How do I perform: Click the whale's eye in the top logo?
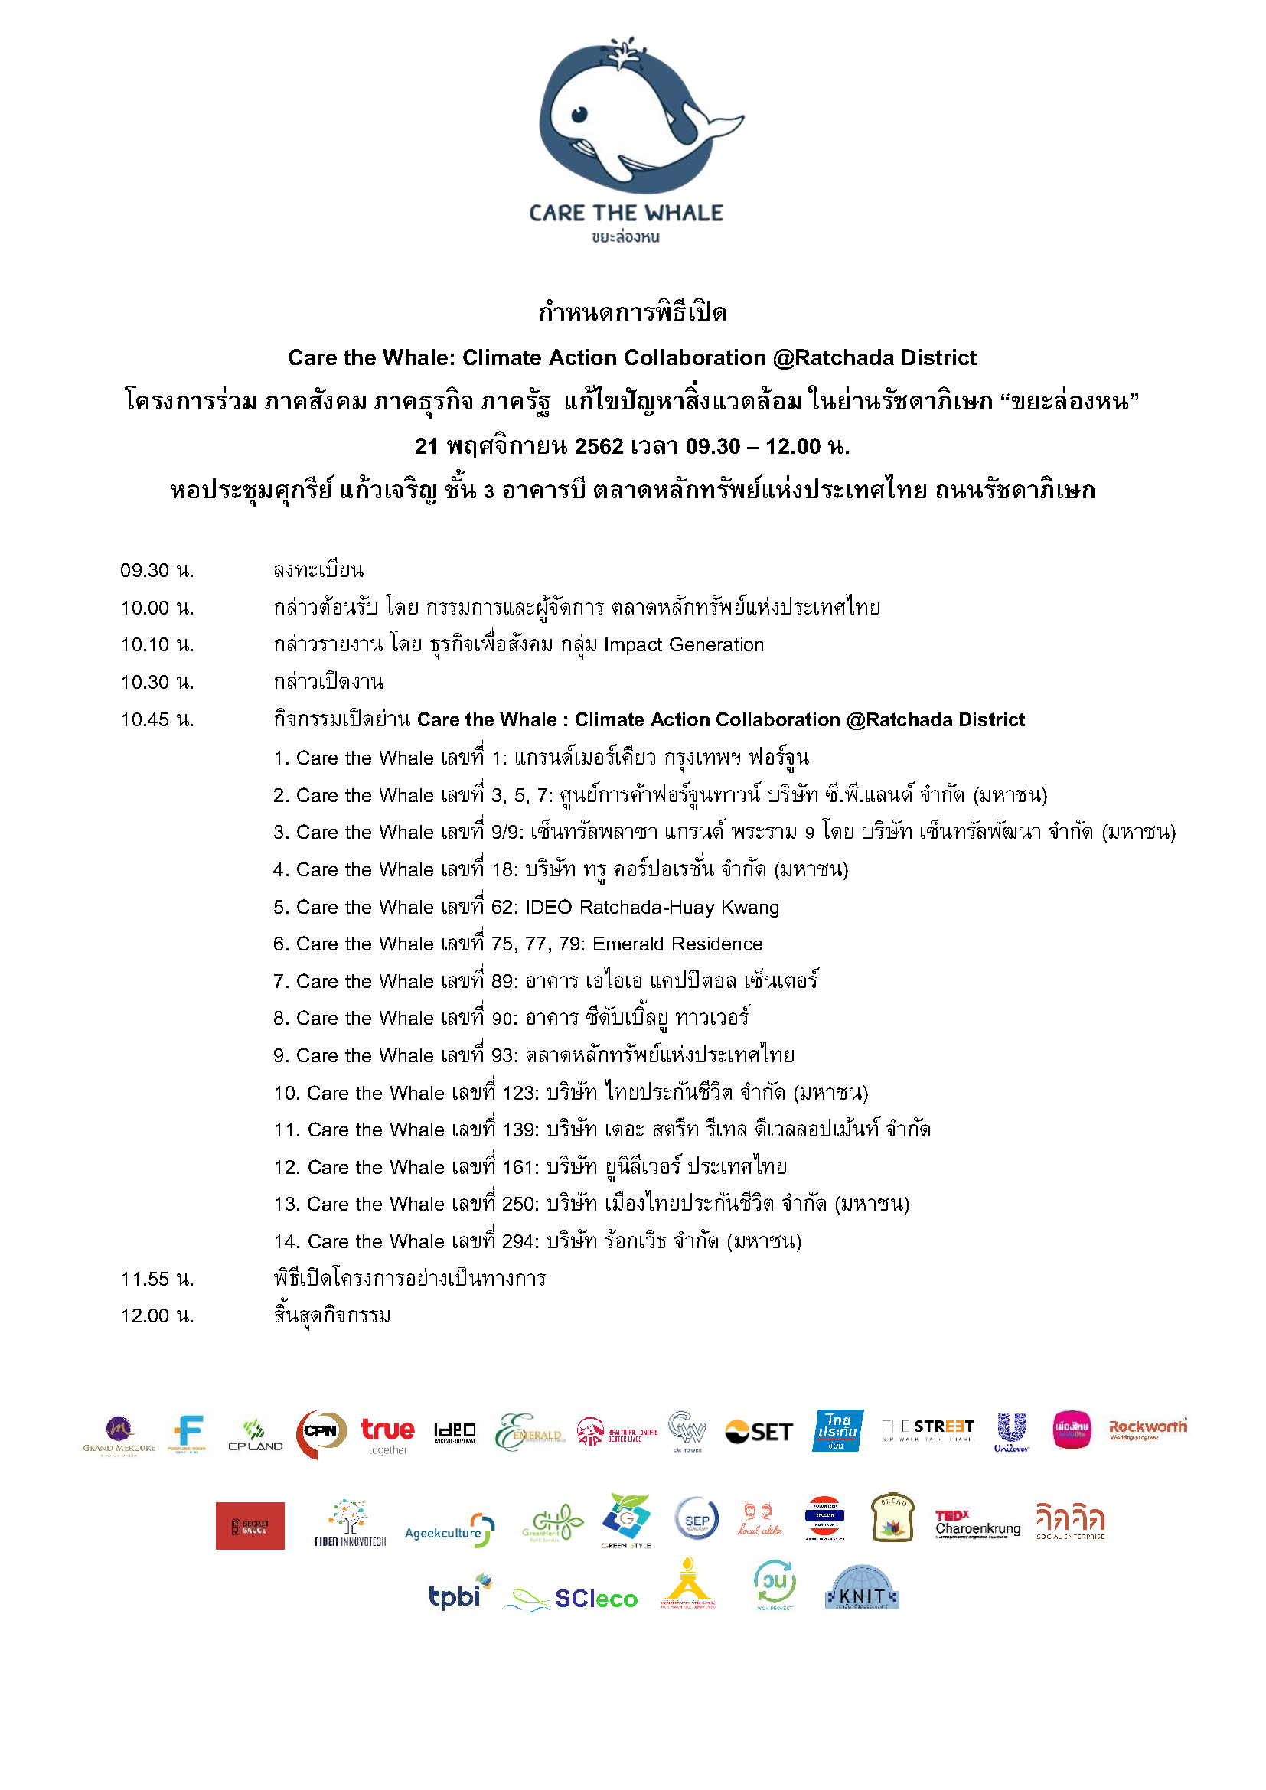tap(579, 115)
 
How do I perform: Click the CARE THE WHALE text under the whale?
tap(626, 213)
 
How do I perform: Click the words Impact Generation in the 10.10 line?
tap(684, 644)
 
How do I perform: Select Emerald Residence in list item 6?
tap(677, 944)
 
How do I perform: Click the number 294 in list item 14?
tap(519, 1241)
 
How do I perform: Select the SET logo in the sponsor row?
tap(759, 1432)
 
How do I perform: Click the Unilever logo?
tap(1011, 1431)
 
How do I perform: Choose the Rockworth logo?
tap(1147, 1428)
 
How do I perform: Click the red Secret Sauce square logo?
tap(250, 1526)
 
